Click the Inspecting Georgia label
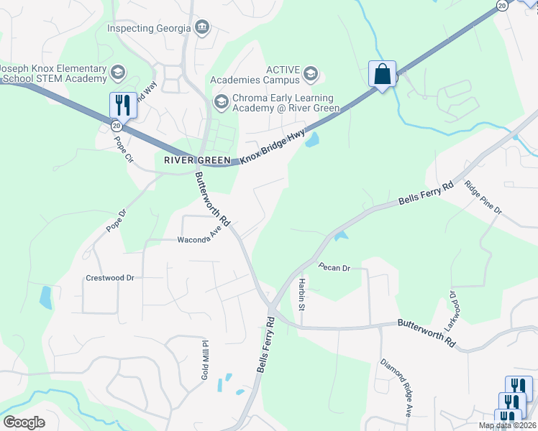pyautogui.click(x=149, y=28)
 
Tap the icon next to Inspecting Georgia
pyautogui.click(x=202, y=28)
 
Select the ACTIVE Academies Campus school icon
pyautogui.click(x=311, y=73)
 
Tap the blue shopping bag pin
pyautogui.click(x=382, y=73)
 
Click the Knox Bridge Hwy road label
pyautogui.click(x=273, y=147)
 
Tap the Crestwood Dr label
pyautogui.click(x=110, y=277)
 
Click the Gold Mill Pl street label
pyautogui.click(x=205, y=360)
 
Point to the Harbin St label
pyautogui.click(x=303, y=295)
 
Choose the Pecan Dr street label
pyautogui.click(x=334, y=268)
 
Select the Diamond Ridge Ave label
pyautogui.click(x=396, y=387)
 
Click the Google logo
pyautogui.click(x=24, y=422)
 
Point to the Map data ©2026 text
pyautogui.click(x=506, y=425)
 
